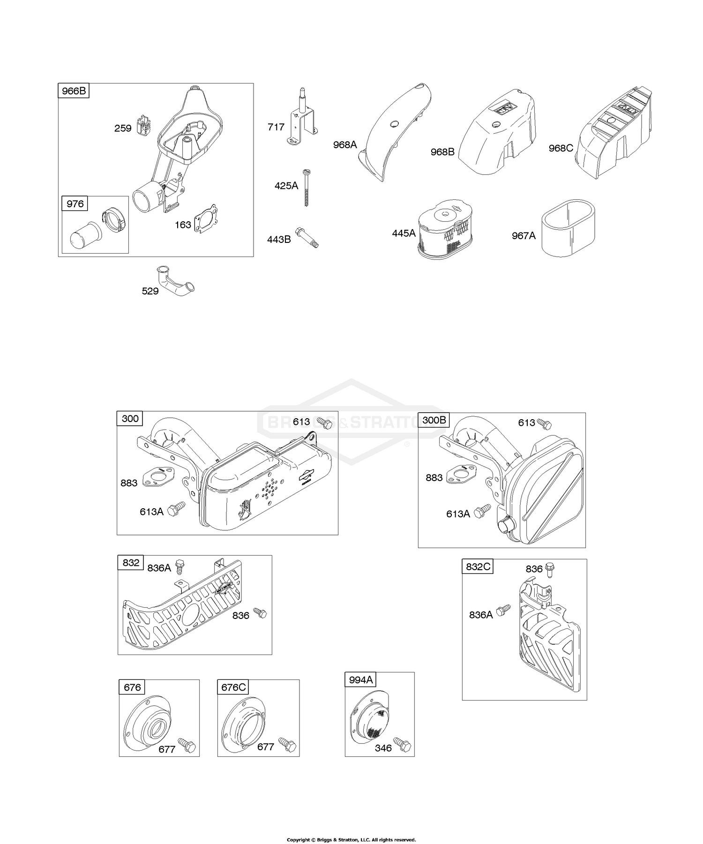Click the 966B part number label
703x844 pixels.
click(74, 90)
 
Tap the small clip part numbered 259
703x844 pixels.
click(143, 126)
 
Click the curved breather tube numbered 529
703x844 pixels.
click(174, 281)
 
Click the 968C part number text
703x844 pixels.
click(561, 148)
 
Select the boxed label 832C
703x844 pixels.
click(478, 566)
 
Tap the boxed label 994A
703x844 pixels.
click(361, 679)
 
